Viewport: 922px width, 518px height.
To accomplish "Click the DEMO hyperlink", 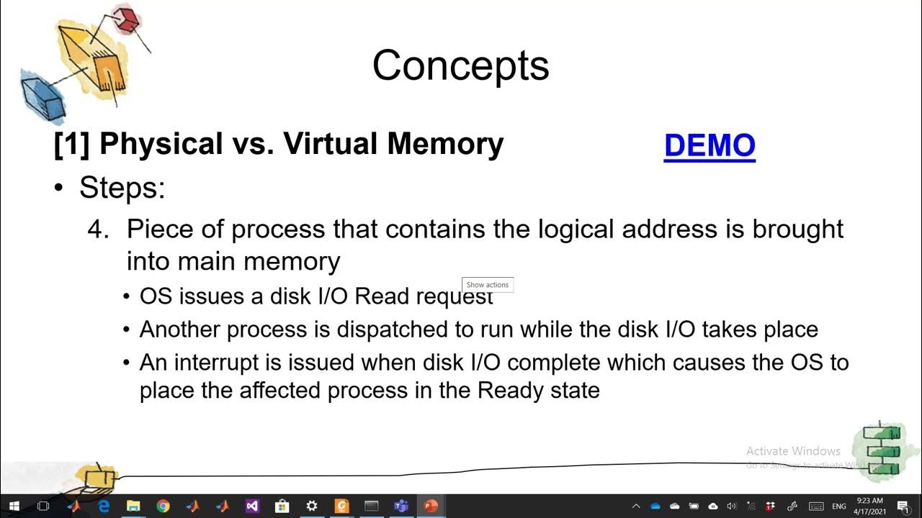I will pos(710,145).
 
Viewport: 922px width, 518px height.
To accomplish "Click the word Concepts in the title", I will pos(461,65).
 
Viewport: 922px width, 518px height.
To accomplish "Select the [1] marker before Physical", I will pos(72,144).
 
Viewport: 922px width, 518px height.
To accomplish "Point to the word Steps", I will pos(121,188).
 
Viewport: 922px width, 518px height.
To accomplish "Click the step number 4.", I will pos(97,230).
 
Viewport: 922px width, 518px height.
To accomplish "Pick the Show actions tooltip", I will pos(488,285).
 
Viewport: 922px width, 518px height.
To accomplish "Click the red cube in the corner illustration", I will pos(127,19).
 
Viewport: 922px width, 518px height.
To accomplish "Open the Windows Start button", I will pos(14,506).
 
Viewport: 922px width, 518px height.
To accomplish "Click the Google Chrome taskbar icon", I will pos(163,506).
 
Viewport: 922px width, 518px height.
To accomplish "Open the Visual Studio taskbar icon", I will pos(251,506).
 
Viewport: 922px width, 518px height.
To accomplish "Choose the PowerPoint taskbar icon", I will pos(431,506).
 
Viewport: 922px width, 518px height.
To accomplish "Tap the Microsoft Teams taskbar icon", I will pos(401,506).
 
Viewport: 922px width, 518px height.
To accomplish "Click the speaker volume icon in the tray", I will pos(732,506).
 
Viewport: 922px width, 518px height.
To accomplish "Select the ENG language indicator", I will pos(839,506).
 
